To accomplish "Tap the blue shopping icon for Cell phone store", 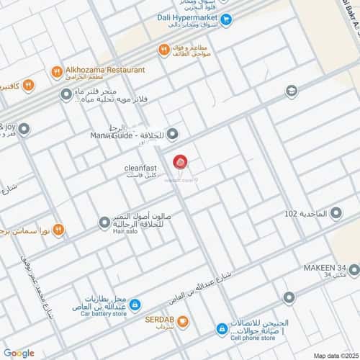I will (222, 329).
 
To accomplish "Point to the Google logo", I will (19, 353).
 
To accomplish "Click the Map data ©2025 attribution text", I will (333, 355).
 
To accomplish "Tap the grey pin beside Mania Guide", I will (173, 134).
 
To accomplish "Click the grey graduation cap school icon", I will (291, 91).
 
